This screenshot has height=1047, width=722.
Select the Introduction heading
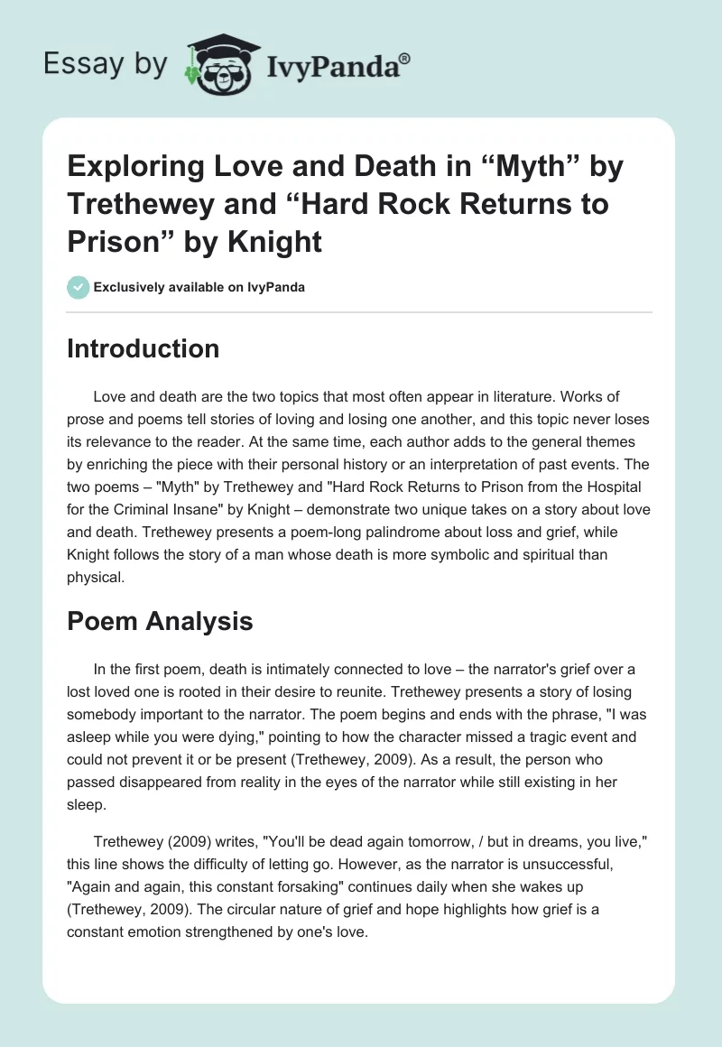(x=143, y=348)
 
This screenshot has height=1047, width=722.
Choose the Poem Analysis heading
(x=160, y=621)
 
